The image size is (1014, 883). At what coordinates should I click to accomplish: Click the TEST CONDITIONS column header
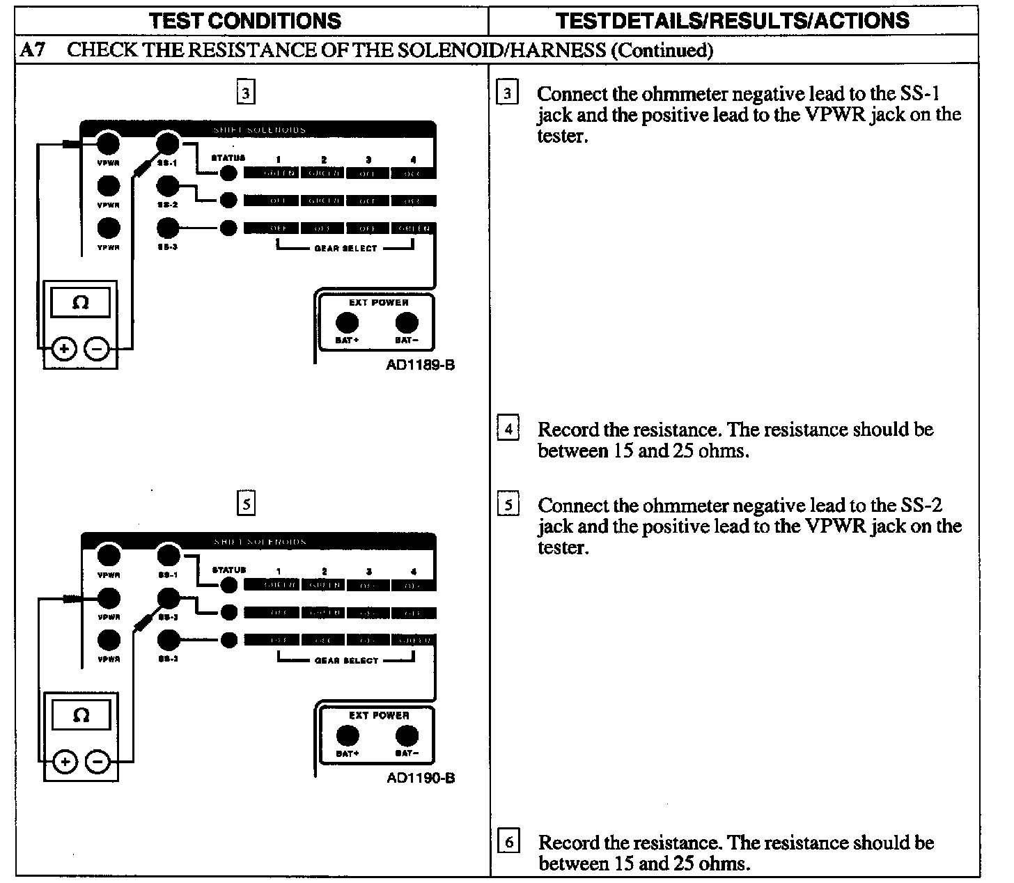[245, 21]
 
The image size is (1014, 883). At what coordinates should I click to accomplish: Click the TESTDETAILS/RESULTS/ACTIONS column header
[733, 21]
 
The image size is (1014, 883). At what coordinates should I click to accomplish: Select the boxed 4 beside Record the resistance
[508, 429]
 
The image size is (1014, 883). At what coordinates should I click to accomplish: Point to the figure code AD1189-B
[420, 365]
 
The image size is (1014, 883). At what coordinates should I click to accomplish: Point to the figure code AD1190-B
[421, 777]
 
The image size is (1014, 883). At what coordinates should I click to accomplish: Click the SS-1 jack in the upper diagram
[167, 144]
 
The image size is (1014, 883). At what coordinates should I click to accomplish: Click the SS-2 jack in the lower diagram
[167, 598]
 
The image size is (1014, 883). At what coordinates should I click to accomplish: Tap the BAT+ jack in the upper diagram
[347, 323]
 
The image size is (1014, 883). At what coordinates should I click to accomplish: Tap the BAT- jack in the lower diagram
[407, 735]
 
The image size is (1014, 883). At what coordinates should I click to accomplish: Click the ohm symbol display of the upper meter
[81, 303]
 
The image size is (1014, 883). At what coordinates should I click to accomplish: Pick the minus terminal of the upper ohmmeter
[97, 349]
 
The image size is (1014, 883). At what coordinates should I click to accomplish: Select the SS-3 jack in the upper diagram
[167, 228]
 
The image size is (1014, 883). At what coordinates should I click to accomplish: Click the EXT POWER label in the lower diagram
[378, 715]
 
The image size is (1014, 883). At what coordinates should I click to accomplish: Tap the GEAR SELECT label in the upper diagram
[345, 249]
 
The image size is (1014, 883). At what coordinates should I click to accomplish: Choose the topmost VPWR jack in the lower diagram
[108, 556]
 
